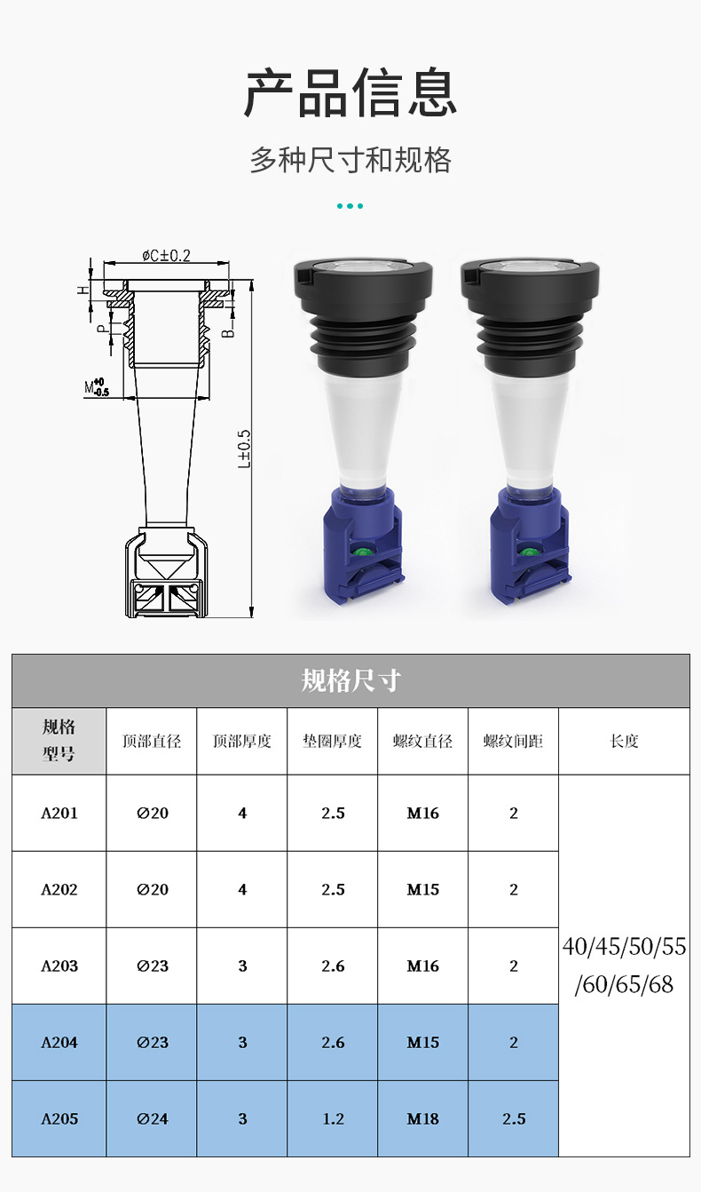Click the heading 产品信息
tap(350, 93)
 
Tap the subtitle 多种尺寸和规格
tap(350, 160)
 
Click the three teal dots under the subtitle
tap(350, 206)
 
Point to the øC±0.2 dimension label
tap(166, 256)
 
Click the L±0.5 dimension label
tap(244, 449)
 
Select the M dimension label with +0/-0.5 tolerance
tap(96, 387)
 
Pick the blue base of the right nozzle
tap(530, 547)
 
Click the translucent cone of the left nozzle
tap(363, 428)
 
